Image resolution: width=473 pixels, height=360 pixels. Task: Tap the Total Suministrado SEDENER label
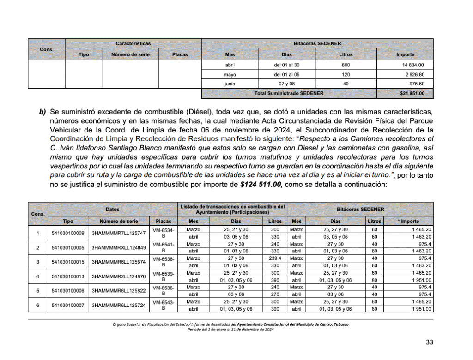point(289,93)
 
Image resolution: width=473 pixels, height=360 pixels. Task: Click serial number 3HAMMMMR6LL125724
point(119,306)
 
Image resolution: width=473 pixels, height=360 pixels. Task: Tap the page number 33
point(430,342)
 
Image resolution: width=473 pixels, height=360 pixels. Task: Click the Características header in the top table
point(133,43)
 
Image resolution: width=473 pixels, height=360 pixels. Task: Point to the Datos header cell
point(112,209)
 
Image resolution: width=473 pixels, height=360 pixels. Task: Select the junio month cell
point(230,84)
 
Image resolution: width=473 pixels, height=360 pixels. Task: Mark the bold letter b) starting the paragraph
point(43,112)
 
